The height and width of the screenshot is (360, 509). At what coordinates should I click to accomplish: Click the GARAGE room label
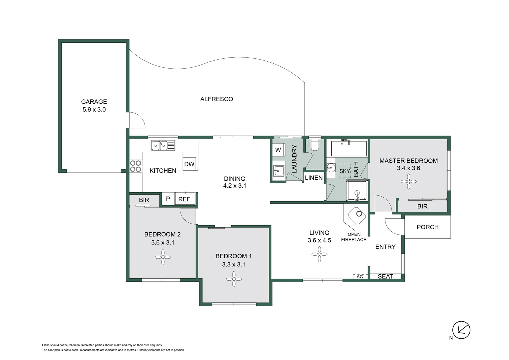point(94,102)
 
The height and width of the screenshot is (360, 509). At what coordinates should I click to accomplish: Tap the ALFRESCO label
point(217,99)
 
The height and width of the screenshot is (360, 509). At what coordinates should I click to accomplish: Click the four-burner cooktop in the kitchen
point(136,166)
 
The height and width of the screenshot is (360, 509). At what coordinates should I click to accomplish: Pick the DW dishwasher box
point(189,164)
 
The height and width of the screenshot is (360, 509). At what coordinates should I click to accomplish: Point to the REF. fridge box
point(185,199)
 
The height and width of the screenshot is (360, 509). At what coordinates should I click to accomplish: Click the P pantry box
point(168,199)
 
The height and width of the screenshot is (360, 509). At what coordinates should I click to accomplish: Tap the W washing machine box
point(278,150)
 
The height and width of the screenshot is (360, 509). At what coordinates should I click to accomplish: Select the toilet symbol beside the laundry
point(314,145)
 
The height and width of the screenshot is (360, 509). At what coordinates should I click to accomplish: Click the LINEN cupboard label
point(314,178)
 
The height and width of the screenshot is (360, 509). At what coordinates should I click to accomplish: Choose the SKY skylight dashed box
point(344,171)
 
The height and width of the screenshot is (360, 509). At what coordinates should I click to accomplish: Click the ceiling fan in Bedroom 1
point(234,279)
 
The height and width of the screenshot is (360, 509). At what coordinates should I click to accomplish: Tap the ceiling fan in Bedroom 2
point(163,257)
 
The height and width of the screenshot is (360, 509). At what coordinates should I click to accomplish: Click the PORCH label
point(427,227)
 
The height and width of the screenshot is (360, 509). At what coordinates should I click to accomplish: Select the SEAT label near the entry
point(385,276)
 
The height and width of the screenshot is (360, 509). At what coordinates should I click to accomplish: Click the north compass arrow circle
point(461,330)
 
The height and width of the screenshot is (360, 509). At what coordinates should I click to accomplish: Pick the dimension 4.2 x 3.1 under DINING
point(235,186)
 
